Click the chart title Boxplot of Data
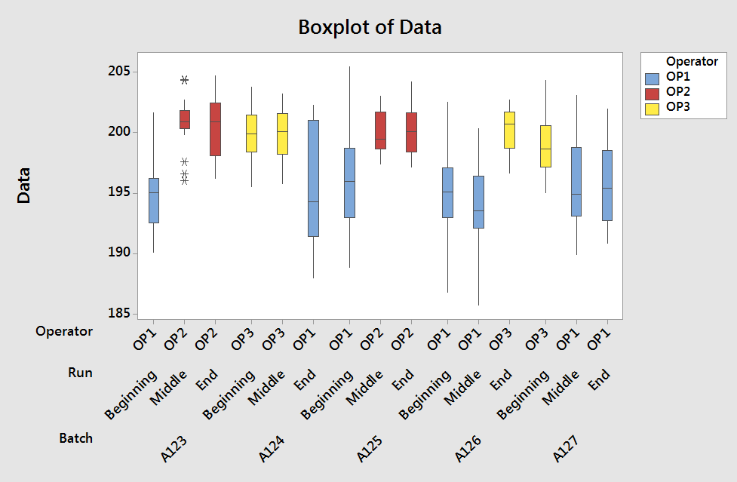(x=370, y=28)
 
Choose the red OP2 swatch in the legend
(x=653, y=92)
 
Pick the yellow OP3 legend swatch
(x=653, y=107)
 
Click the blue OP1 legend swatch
(x=653, y=77)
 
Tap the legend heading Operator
(x=692, y=61)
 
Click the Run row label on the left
(x=80, y=373)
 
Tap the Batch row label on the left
(x=75, y=438)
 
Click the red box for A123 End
(x=215, y=129)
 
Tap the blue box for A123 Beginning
(x=153, y=200)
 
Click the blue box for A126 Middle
(x=478, y=202)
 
